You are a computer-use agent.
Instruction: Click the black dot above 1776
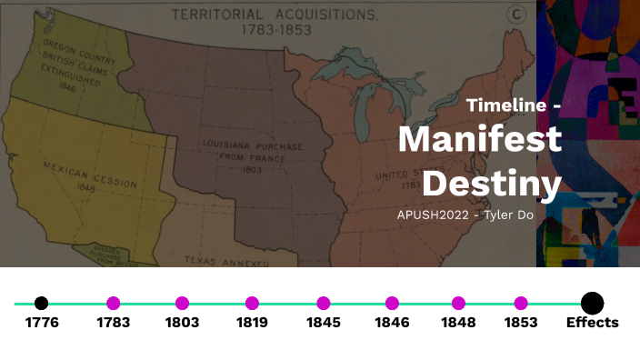[x=41, y=304]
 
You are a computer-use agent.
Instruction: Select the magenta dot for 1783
[x=114, y=304]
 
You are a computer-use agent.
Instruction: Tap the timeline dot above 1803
[x=182, y=304]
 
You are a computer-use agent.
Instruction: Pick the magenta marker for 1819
[x=252, y=304]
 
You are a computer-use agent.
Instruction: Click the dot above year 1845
[x=324, y=304]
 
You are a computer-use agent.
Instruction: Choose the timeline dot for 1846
[x=392, y=304]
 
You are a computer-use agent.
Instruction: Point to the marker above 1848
[x=458, y=304]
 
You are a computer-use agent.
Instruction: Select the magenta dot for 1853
[x=520, y=304]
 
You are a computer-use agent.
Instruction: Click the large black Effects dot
[x=592, y=304]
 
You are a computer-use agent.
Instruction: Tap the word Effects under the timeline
[x=592, y=323]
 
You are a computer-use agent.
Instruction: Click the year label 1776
[x=42, y=323]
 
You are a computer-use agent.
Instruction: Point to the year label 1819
[x=252, y=323]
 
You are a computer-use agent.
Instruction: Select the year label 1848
[x=458, y=323]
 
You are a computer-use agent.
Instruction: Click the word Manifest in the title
[x=479, y=141]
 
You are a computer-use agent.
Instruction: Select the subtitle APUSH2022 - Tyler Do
[x=465, y=215]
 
